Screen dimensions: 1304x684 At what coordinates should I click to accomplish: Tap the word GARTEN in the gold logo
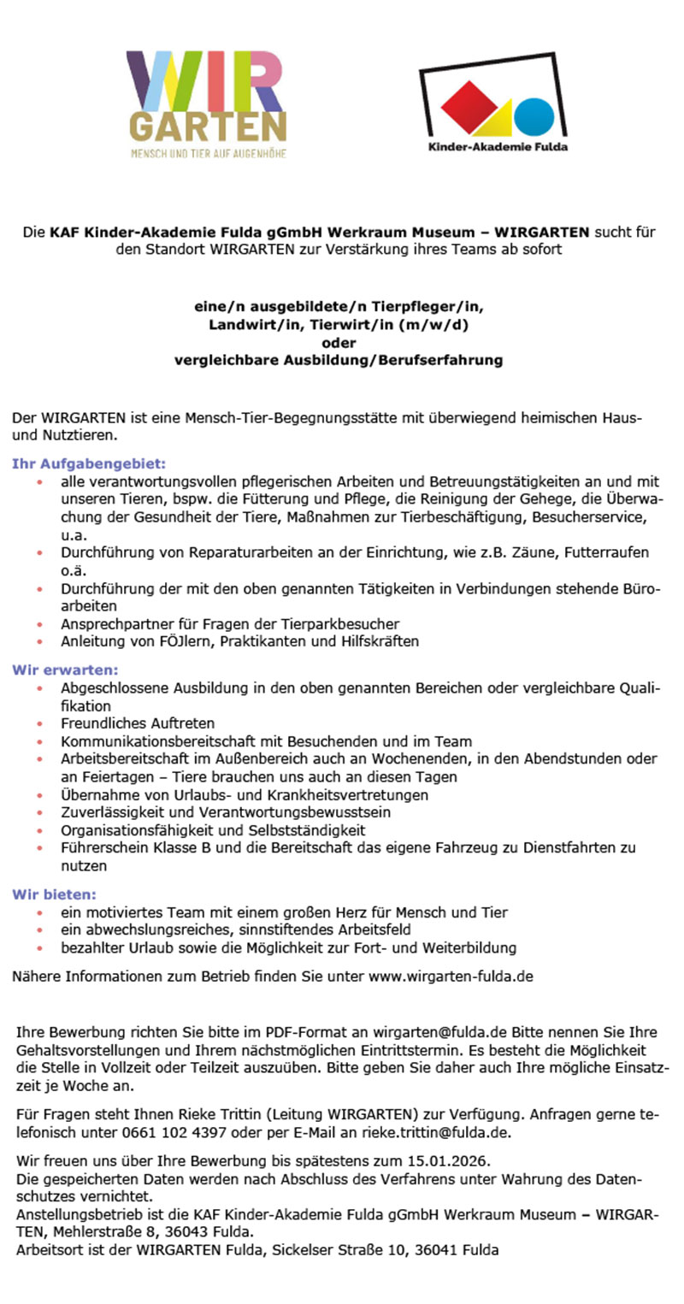[208, 129]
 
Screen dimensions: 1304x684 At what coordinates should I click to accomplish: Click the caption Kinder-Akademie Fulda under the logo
[498, 146]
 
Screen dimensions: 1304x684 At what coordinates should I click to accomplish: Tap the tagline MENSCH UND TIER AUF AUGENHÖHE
[208, 154]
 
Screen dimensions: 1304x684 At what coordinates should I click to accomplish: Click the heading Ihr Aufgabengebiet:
[88, 464]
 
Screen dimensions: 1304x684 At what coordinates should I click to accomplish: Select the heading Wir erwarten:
[65, 669]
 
